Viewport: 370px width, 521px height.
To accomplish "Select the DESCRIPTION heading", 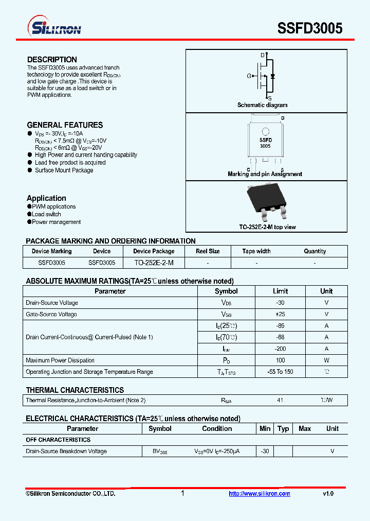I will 52,60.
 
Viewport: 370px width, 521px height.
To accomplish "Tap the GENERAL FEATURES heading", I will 65,125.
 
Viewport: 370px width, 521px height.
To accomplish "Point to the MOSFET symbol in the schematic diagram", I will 265,76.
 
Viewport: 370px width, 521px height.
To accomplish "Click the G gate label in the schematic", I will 249,76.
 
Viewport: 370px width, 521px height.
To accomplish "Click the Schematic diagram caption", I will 262,105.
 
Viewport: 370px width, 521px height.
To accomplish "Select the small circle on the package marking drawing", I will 265,132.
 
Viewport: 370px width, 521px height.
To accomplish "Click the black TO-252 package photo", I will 266,201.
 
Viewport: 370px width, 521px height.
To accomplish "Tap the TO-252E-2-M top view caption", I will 267,227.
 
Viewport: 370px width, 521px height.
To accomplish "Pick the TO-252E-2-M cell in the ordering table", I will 154,263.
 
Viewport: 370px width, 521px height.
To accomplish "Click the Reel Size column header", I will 208,251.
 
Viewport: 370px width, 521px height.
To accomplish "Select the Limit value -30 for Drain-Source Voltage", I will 280,303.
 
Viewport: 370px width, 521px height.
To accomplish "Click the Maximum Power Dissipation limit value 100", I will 280,360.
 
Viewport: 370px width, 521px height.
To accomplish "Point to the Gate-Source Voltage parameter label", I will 51,314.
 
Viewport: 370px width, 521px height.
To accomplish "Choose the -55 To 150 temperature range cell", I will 280,372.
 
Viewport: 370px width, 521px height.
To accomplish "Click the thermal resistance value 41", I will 280,400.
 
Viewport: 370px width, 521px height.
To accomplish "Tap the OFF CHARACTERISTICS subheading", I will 58,440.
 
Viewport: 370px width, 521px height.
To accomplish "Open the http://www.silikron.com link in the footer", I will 260,494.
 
